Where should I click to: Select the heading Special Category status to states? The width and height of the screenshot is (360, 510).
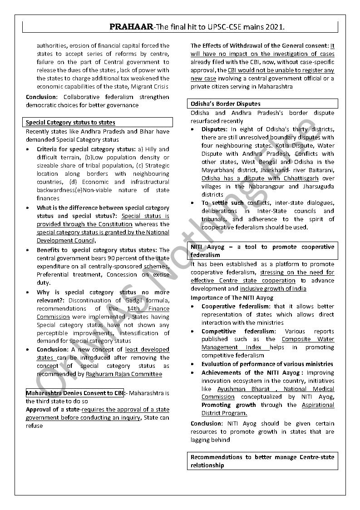(70, 123)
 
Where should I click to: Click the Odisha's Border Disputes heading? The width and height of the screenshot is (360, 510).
(226, 104)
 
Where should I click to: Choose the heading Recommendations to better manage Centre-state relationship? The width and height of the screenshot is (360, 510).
(262, 461)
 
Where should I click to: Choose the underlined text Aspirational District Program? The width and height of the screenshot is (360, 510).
(268, 409)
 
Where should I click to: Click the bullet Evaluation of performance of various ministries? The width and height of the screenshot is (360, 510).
(267, 364)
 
